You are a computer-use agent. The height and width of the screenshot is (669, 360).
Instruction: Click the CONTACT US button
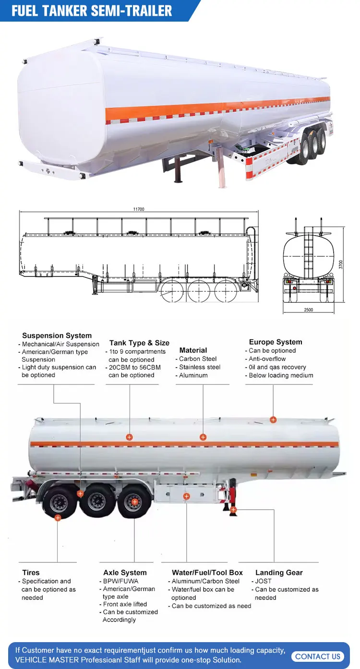click(x=318, y=657)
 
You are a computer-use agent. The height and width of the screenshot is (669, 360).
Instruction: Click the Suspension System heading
click(x=57, y=335)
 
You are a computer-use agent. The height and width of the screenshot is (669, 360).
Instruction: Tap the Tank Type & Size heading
click(x=139, y=343)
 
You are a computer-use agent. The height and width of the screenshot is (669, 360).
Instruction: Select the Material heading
click(x=193, y=350)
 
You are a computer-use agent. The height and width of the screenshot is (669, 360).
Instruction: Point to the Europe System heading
click(x=276, y=342)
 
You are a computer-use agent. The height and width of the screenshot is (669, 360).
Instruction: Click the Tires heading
click(x=31, y=573)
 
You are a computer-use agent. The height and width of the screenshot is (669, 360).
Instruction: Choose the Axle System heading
click(x=125, y=573)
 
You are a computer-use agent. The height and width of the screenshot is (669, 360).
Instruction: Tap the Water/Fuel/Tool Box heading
click(x=207, y=573)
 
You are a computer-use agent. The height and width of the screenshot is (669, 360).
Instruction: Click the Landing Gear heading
click(x=279, y=573)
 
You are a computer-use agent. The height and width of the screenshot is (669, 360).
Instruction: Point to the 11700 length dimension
click(x=139, y=209)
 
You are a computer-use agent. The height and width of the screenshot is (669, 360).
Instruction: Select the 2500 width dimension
click(x=308, y=310)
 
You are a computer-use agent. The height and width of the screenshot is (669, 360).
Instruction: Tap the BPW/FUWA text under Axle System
click(x=120, y=581)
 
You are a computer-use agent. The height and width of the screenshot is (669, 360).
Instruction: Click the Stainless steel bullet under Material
click(x=200, y=367)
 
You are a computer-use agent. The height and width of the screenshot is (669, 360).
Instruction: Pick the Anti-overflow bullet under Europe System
click(x=267, y=359)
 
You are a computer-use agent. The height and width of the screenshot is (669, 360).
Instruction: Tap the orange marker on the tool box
click(x=187, y=496)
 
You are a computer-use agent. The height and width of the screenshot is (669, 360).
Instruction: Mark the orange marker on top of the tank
click(x=273, y=420)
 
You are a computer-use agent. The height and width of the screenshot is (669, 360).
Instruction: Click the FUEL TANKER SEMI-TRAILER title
click(x=92, y=11)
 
